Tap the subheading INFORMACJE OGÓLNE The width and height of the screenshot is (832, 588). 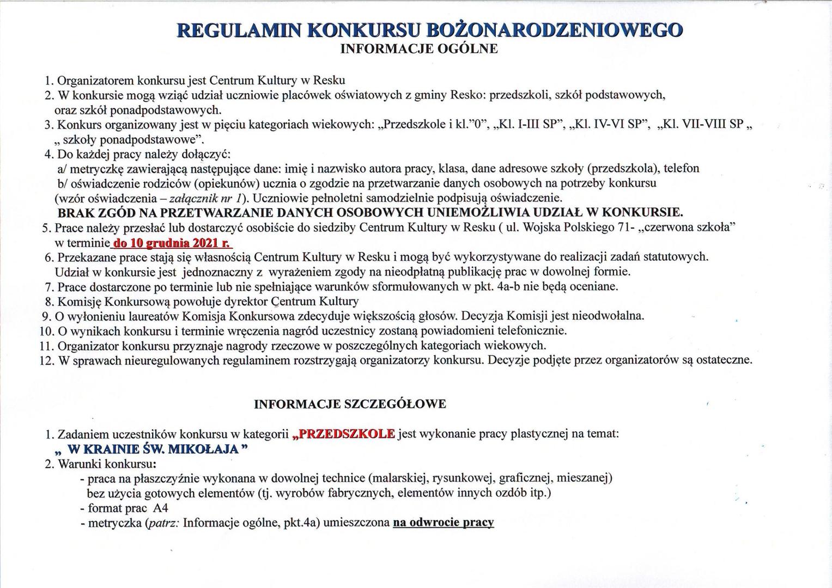(x=418, y=48)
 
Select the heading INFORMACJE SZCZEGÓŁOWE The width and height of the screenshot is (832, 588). (x=350, y=404)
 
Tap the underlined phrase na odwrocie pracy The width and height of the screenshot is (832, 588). (x=443, y=523)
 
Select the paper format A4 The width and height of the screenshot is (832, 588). (x=160, y=508)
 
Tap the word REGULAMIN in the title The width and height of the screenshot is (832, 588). (x=239, y=30)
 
